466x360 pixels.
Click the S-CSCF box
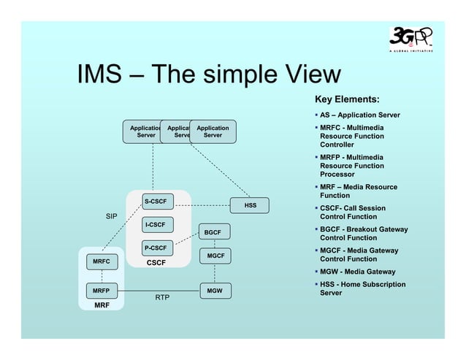pos(154,201)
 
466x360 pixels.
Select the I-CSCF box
pos(154,224)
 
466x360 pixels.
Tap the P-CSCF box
pos(154,248)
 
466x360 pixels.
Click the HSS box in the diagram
pos(250,206)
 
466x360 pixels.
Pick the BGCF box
pos(213,232)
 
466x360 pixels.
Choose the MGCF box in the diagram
pos(215,256)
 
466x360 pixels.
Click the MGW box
pos(215,291)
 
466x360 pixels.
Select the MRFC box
pos(101,261)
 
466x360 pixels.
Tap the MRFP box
pos(101,291)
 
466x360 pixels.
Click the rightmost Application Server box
pos(213,131)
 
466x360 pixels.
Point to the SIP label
pos(111,217)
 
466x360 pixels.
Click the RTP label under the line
pos(163,298)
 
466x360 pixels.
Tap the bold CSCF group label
pos(156,261)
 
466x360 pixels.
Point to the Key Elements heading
pos(346,99)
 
